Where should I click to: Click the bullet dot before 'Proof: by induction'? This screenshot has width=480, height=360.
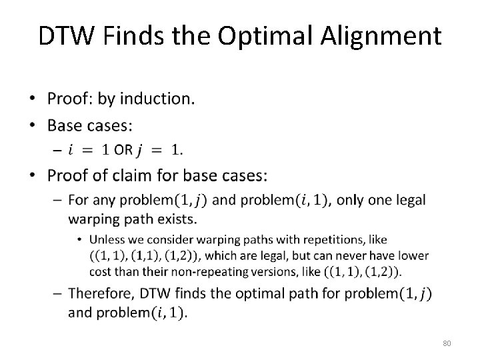click(34, 100)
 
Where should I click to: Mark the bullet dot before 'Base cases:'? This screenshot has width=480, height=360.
click(34, 126)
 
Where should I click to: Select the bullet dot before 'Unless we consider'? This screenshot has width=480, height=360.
click(81, 239)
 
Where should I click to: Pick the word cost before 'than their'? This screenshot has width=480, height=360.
click(100, 271)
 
